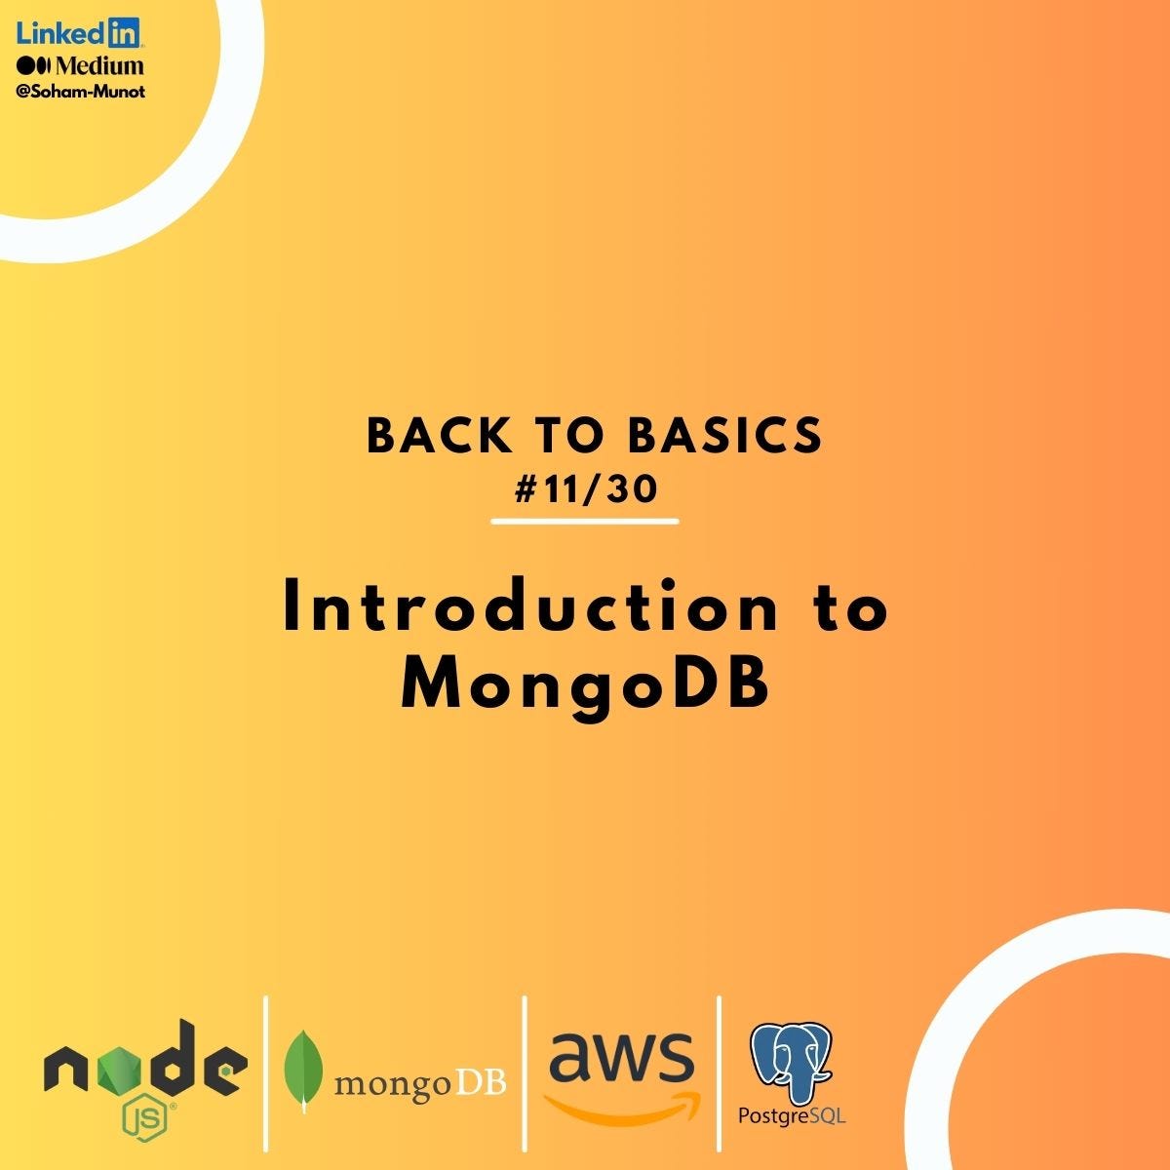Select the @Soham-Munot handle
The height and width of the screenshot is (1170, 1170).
[81, 92]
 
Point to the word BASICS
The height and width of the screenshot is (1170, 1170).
[725, 437]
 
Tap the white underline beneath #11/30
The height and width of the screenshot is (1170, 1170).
[585, 522]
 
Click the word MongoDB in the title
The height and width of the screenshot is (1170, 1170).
[585, 684]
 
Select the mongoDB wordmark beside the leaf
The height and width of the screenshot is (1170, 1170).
[420, 1083]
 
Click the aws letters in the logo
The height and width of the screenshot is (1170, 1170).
[621, 1057]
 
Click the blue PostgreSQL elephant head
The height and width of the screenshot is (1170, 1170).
[791, 1063]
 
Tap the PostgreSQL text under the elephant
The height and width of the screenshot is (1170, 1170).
[792, 1114]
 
